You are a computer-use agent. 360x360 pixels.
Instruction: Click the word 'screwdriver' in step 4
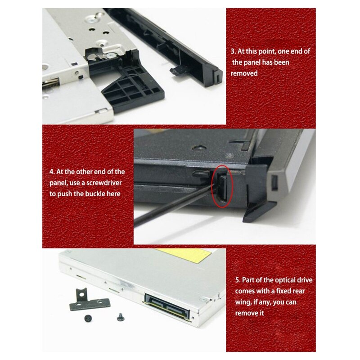[x=106, y=183]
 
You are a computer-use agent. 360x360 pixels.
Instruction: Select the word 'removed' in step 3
[x=244, y=73]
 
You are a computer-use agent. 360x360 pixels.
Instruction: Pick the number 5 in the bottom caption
[x=238, y=280]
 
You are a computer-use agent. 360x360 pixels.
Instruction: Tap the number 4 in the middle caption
[x=51, y=172]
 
